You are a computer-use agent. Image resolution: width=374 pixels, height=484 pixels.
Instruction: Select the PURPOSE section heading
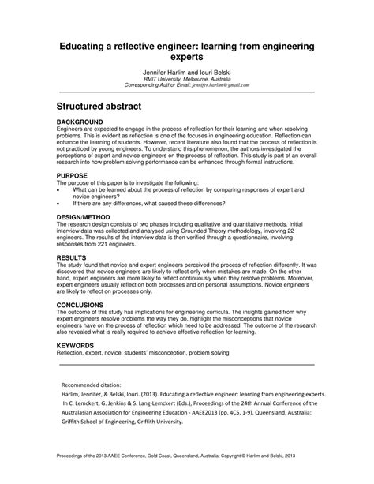pyautogui.click(x=73, y=177)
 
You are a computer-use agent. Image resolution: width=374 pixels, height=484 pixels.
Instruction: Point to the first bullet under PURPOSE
pyautogui.click(x=60, y=191)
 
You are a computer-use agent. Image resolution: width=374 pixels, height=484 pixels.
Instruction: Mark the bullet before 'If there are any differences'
pyautogui.click(x=60, y=204)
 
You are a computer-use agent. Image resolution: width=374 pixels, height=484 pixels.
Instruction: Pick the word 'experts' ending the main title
pyautogui.click(x=186, y=58)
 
